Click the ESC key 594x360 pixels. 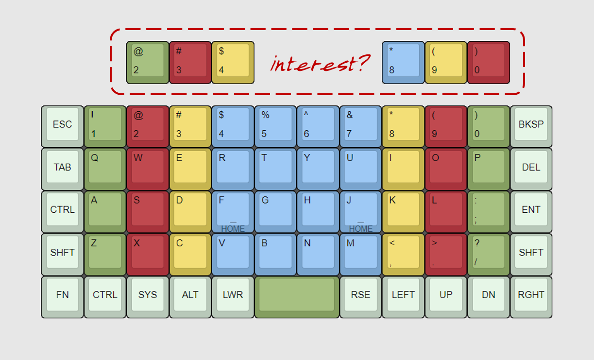[62, 125]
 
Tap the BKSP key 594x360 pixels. [531, 125]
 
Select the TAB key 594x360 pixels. [62, 168]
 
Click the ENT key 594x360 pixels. [531, 210]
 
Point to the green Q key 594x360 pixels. [105, 168]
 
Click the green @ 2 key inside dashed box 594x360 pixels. [148, 62]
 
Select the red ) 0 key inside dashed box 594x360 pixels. [489, 62]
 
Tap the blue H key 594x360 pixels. [318, 210]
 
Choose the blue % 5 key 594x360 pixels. [275, 125]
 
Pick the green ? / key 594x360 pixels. [489, 253]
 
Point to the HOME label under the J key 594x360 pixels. [360, 229]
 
